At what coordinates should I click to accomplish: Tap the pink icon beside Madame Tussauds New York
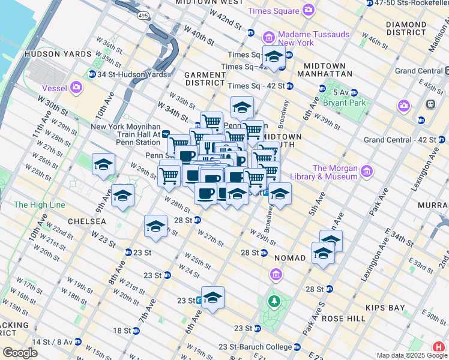[269, 38]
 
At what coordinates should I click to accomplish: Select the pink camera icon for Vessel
[76, 88]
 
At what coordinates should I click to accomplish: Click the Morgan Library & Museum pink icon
[366, 172]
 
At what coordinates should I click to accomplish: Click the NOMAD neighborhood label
[290, 257]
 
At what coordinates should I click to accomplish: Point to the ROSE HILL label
[343, 319]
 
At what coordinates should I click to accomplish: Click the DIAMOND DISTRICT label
[406, 29]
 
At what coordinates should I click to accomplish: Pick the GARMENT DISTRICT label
[205, 79]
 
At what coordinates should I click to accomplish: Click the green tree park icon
[274, 301]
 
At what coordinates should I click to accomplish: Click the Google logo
[20, 352]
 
